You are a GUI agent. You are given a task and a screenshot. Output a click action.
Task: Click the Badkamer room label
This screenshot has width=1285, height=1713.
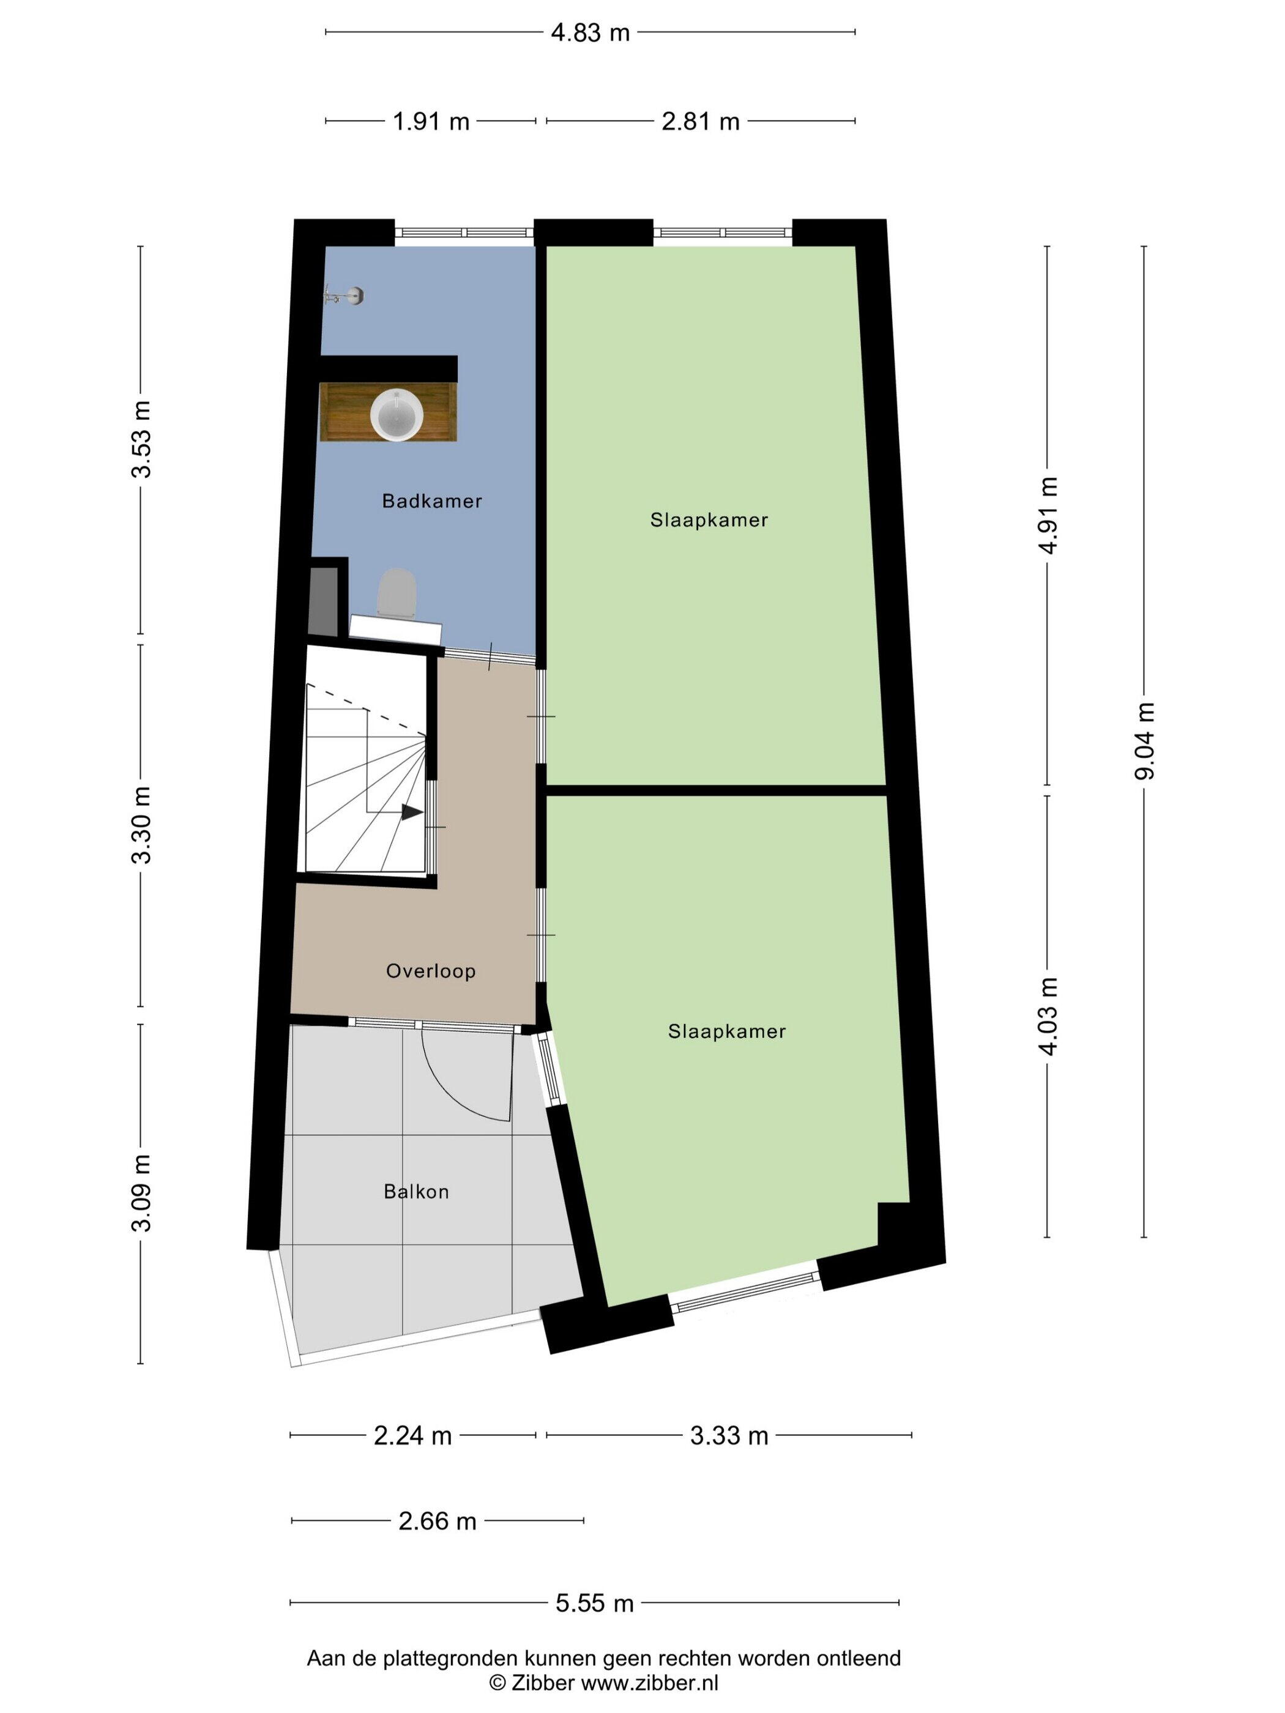tap(431, 501)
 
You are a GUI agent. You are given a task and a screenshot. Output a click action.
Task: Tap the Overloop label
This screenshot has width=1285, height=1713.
tap(431, 971)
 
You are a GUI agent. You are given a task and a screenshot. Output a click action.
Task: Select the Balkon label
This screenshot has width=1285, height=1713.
tap(416, 1192)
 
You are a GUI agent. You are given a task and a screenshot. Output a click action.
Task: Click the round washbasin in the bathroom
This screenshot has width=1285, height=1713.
tap(396, 415)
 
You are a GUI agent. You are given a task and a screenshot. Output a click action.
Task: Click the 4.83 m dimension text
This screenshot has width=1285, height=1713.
tap(590, 32)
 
